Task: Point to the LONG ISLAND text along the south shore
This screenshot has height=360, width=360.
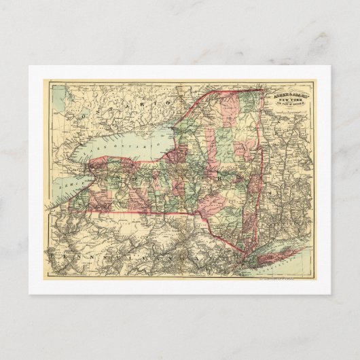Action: pos(285,259)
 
